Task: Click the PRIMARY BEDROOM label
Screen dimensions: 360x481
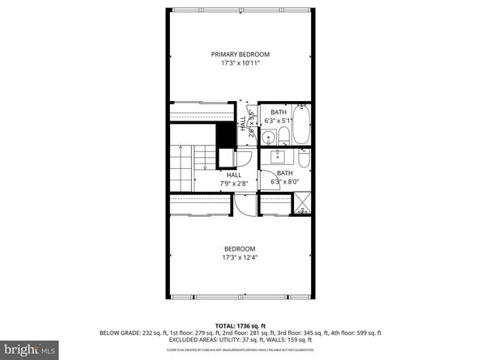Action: [x=240, y=54]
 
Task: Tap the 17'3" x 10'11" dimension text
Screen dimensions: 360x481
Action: [x=240, y=64]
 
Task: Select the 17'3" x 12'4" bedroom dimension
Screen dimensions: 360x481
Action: [x=240, y=258]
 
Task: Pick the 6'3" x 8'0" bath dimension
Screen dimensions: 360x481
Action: [x=285, y=182]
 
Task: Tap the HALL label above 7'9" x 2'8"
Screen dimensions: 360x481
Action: [x=234, y=175]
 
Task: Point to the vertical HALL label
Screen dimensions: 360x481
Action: [x=242, y=123]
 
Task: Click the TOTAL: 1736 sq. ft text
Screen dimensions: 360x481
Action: [x=240, y=323]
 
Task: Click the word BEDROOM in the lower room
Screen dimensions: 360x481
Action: [x=240, y=248]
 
